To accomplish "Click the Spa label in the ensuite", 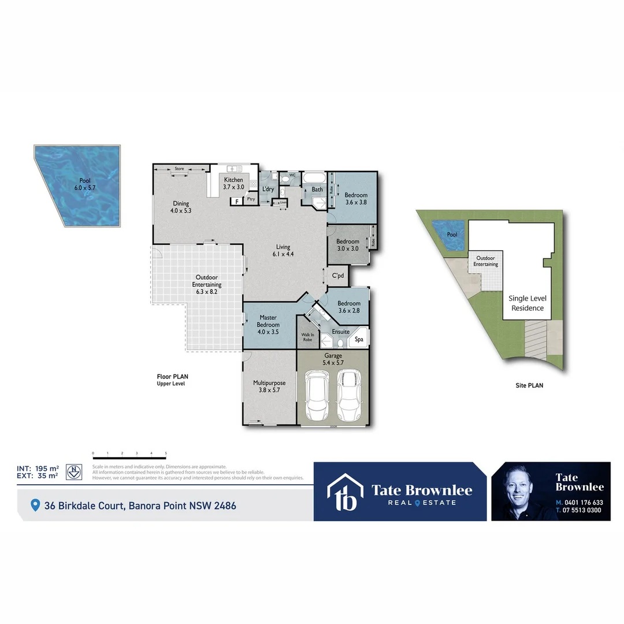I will click(x=359, y=340).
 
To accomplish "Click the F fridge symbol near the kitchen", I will click(x=236, y=202).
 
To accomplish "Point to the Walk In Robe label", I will click(x=307, y=337).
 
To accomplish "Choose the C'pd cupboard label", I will click(x=338, y=276).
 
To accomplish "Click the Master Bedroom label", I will click(x=268, y=321).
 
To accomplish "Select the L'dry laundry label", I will click(x=268, y=189).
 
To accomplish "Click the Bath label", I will click(x=317, y=189).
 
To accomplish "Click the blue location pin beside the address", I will click(x=35, y=506).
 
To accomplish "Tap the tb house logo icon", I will click(x=345, y=492).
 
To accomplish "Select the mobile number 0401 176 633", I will click(x=583, y=503).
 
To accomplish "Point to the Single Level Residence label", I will click(x=527, y=303).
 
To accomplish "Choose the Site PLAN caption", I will click(x=529, y=385).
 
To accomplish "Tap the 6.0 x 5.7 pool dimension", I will click(x=85, y=188).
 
